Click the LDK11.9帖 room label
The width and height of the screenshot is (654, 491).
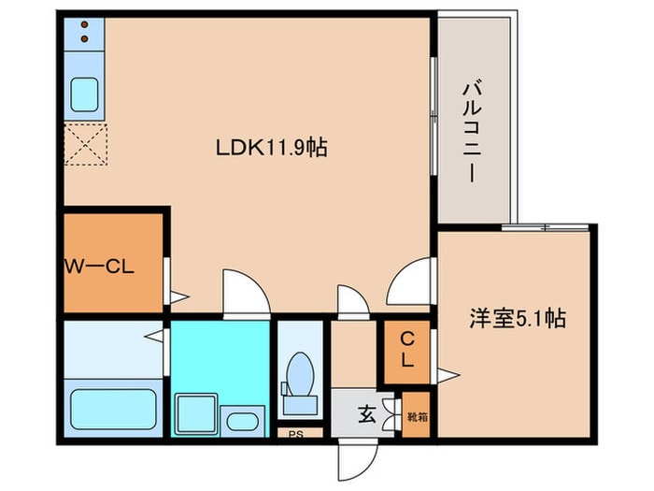[x=271, y=147]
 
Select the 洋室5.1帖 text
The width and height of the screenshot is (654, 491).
[x=516, y=318]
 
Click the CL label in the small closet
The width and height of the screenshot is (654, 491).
[x=407, y=348]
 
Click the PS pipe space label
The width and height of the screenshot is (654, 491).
[x=296, y=433]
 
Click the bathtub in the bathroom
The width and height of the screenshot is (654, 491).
[x=114, y=408]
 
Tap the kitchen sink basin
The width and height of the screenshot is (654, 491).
[x=85, y=94]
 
